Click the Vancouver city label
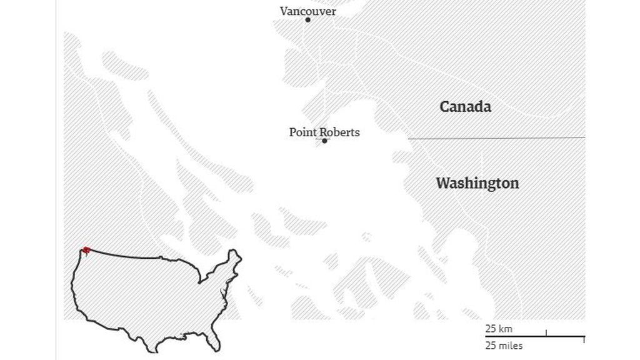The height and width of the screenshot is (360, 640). [307, 11]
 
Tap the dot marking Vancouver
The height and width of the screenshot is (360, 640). [307, 20]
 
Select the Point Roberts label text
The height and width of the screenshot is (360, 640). [324, 132]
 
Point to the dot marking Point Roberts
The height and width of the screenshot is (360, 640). [324, 141]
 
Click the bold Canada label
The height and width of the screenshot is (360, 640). [465, 107]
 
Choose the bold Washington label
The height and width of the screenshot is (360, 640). [477, 184]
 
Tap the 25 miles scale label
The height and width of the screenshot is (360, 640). [504, 346]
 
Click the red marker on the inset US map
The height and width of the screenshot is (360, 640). [86, 250]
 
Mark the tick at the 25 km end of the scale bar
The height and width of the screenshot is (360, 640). [546, 334]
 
